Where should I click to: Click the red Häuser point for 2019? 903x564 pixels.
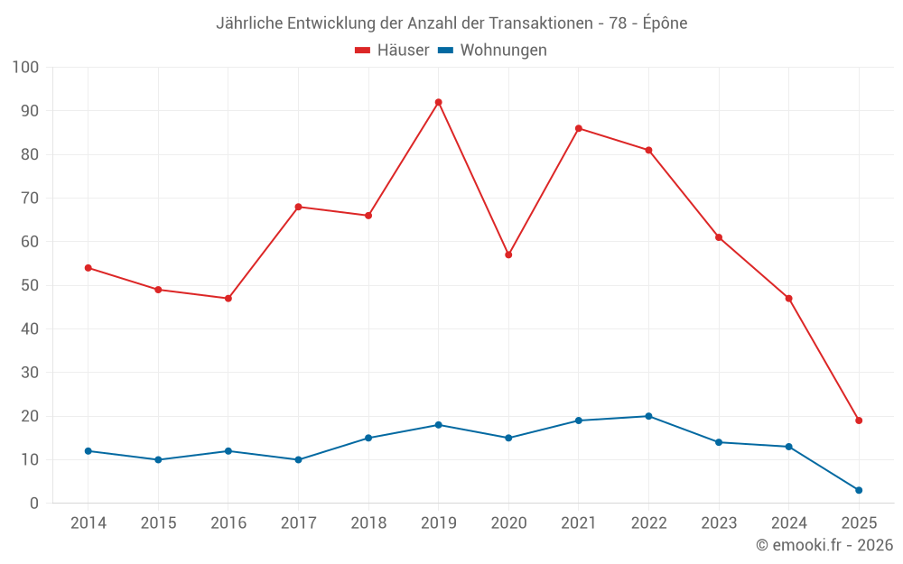click(438, 102)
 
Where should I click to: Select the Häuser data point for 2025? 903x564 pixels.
click(859, 421)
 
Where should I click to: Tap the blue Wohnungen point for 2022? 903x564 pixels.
click(648, 416)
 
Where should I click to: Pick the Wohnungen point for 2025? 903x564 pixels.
click(859, 490)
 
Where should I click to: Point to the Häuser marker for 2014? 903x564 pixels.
click(88, 268)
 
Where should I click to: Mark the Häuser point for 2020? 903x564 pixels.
click(508, 254)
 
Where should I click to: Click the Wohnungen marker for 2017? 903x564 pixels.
click(298, 459)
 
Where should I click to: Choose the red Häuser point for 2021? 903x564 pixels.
click(579, 128)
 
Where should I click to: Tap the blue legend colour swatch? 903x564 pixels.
click(445, 51)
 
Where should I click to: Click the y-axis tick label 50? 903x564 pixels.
click(30, 285)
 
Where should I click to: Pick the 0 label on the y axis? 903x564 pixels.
click(34, 504)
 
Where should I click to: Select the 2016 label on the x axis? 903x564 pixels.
click(228, 523)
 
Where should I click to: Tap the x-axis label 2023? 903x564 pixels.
click(719, 523)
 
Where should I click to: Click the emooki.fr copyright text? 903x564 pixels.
click(824, 545)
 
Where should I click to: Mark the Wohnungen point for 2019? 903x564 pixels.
click(438, 425)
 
